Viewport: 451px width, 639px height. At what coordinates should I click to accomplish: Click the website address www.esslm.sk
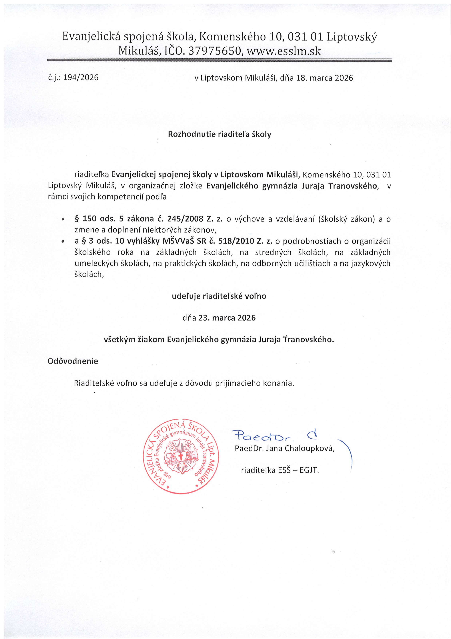tap(284, 51)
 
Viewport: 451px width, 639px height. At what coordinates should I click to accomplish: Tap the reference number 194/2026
tap(81, 77)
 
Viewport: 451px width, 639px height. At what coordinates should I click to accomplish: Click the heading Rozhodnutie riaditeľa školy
tap(219, 134)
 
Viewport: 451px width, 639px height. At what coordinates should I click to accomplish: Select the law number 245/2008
tap(185, 219)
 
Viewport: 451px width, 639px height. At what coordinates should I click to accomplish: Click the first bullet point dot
tap(63, 219)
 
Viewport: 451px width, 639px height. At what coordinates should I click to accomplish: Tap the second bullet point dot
tap(63, 242)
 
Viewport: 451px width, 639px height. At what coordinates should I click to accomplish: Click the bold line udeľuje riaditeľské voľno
tap(219, 296)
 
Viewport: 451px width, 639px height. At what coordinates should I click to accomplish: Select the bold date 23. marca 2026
tap(227, 318)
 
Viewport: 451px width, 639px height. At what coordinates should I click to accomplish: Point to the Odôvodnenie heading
tap(73, 361)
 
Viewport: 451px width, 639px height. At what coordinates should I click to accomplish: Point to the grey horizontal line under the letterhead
tap(219, 60)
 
